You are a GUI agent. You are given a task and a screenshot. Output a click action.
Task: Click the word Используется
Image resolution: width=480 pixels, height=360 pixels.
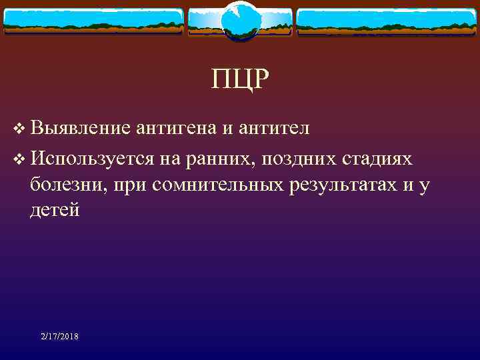[x=93, y=159]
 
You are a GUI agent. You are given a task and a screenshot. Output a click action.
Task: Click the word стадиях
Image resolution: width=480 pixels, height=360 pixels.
[x=377, y=159]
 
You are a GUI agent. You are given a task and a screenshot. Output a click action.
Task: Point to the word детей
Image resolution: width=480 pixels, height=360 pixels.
[x=55, y=211]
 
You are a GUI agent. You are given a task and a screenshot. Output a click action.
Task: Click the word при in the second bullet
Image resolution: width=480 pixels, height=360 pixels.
[x=131, y=185]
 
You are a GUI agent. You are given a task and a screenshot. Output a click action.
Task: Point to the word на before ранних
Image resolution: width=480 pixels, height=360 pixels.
[x=171, y=159]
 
